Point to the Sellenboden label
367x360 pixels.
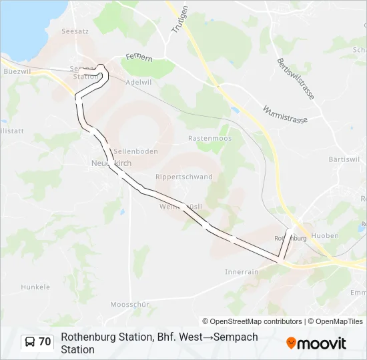[x=135, y=151]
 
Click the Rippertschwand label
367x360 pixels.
[x=183, y=177]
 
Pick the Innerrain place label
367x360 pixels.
[x=242, y=272]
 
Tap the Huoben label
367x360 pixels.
[x=325, y=235]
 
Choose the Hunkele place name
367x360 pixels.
[x=35, y=287]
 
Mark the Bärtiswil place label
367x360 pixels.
[x=344, y=160]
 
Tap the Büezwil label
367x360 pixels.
[x=17, y=71]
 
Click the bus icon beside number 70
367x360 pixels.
[x=30, y=342]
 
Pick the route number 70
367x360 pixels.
[x=45, y=342]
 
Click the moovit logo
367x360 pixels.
[x=316, y=343]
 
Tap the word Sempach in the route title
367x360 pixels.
[x=235, y=337]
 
